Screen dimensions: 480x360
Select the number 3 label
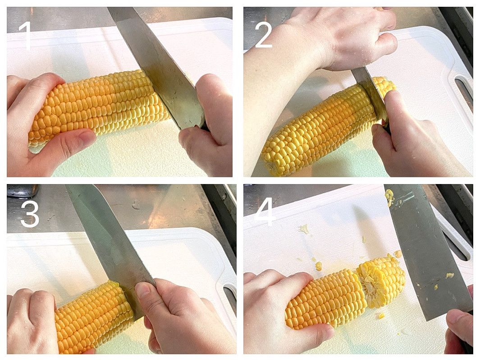pos(30,213)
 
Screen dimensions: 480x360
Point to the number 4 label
pos(265,212)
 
